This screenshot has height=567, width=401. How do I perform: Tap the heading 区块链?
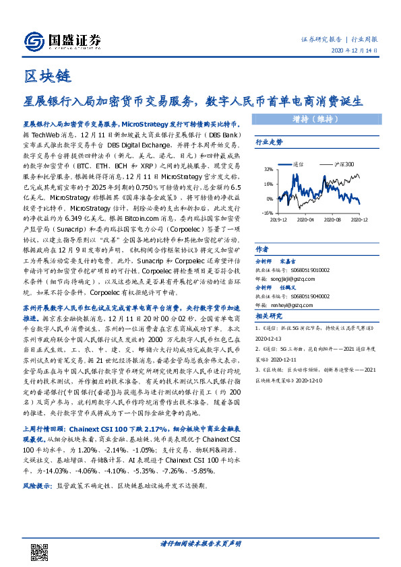click(x=47, y=75)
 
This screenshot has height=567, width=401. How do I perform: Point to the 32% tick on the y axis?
click(x=267, y=169)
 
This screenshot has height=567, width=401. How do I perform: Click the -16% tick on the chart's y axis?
click(x=267, y=212)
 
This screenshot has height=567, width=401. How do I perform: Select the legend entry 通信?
click(x=300, y=164)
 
